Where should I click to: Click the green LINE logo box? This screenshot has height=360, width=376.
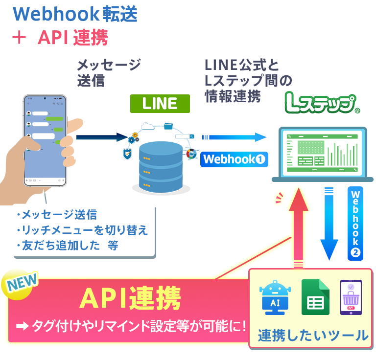tap(160, 103)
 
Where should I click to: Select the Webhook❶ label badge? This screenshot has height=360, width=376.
tap(234, 159)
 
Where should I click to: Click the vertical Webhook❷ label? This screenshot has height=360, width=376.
tap(356, 222)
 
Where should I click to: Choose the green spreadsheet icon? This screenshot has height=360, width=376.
tap(313, 297)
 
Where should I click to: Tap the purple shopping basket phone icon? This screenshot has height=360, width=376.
tap(351, 297)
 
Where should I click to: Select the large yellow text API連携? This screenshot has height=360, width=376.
tap(130, 298)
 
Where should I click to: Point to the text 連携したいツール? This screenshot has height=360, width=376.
tap(313, 335)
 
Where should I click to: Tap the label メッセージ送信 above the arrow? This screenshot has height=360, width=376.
tap(109, 72)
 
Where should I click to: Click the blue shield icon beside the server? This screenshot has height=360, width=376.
tap(126, 155)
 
